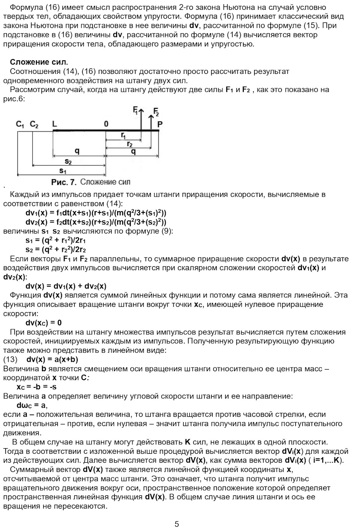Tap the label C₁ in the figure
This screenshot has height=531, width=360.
click(x=20, y=124)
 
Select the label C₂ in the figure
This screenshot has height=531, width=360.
click(x=34, y=124)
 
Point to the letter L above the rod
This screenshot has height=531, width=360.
click(x=54, y=124)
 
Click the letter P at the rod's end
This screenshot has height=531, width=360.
click(x=160, y=124)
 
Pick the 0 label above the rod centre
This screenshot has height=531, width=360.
click(x=106, y=124)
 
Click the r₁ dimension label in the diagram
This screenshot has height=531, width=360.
click(x=123, y=135)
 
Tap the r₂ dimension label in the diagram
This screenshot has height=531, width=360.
click(x=129, y=144)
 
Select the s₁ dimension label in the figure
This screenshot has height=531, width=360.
click(x=63, y=171)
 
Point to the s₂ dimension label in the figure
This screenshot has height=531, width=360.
click(x=68, y=161)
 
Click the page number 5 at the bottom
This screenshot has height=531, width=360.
click(x=177, y=524)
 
